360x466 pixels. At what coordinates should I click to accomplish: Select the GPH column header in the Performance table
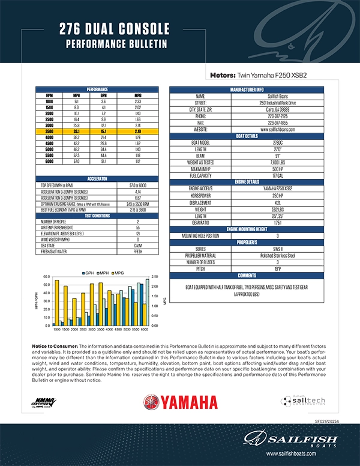[104, 95]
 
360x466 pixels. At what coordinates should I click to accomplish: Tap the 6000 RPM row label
[49, 161]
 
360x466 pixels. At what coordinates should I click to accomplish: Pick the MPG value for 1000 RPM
[139, 101]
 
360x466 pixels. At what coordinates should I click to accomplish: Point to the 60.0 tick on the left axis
[46, 277]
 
